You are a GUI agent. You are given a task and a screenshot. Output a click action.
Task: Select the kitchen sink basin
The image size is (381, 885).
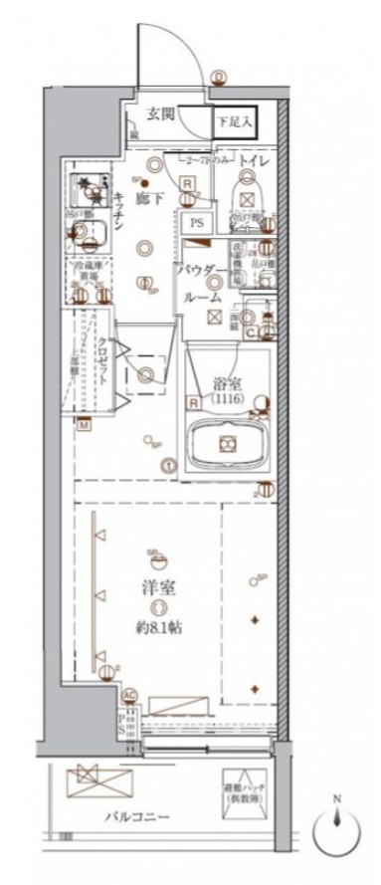[95, 236]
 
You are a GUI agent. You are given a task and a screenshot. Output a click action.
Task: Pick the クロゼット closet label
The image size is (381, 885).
[102, 358]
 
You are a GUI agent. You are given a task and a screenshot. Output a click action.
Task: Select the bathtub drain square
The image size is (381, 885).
[227, 442]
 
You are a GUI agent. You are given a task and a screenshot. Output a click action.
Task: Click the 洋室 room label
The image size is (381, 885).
[151, 587]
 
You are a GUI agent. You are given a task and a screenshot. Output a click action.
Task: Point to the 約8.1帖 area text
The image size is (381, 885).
[151, 630]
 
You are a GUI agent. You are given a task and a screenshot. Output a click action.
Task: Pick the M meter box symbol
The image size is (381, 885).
[85, 425]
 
